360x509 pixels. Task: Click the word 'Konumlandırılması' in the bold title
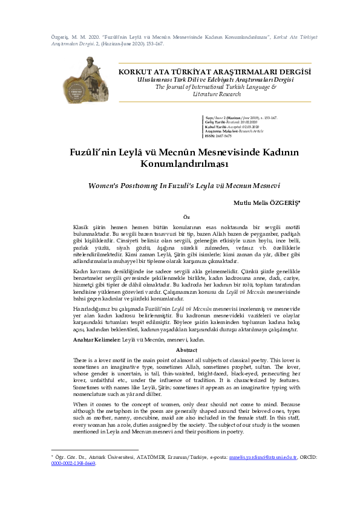click(x=179, y=164)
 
